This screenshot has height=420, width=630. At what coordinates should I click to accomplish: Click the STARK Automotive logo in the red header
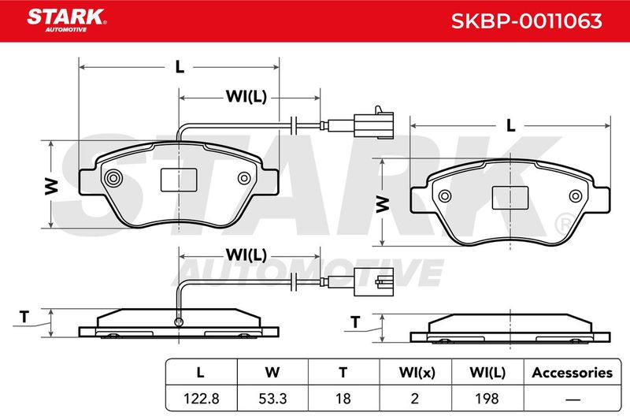67,20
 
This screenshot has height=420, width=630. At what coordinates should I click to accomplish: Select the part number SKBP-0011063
526,21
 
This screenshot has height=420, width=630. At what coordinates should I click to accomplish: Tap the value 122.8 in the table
201,398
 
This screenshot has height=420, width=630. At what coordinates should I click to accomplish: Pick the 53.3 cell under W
272,398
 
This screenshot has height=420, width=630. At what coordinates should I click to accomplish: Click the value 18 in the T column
343,398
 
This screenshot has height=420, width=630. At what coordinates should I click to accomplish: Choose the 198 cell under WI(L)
487,398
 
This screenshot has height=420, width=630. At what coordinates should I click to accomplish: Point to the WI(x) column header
417,373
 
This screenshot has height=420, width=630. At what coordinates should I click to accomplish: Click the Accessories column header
573,373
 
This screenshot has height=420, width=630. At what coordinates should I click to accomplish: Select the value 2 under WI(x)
415,398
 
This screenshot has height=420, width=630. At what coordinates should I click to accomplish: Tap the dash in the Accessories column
573,399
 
